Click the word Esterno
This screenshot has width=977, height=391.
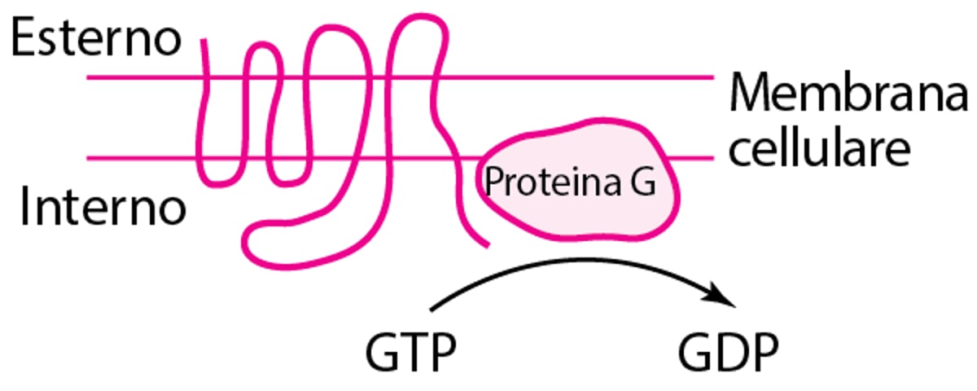[96, 39]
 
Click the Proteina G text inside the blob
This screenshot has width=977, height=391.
[569, 182]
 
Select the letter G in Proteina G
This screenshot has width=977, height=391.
[644, 183]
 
